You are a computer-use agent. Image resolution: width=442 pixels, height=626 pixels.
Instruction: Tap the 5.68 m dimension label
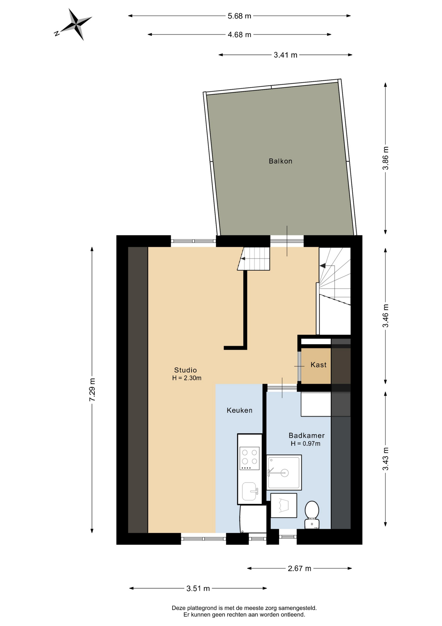pyautogui.click(x=239, y=16)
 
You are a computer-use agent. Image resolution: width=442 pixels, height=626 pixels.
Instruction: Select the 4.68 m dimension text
pyautogui.click(x=239, y=35)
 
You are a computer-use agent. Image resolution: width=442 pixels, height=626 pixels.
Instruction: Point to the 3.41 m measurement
pyautogui.click(x=285, y=55)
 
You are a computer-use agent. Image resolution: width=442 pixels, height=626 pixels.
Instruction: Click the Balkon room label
pyautogui.click(x=281, y=161)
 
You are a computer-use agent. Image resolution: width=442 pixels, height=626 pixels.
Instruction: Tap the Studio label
pyautogui.click(x=186, y=370)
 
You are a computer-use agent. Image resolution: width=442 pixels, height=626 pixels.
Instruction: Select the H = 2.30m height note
pyautogui.click(x=187, y=378)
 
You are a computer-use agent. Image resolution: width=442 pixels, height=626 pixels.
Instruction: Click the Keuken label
pyautogui.click(x=240, y=410)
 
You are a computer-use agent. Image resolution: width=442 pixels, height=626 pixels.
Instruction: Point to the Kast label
pyautogui.click(x=318, y=365)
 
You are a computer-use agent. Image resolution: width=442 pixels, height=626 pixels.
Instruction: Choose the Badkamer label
pyautogui.click(x=307, y=436)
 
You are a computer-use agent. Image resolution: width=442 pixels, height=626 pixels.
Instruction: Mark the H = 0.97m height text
pyautogui.click(x=306, y=444)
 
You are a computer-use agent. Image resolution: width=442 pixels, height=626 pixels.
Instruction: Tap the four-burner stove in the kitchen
pyautogui.click(x=250, y=458)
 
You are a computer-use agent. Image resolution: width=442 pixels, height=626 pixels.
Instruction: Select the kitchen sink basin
pyautogui.click(x=250, y=491)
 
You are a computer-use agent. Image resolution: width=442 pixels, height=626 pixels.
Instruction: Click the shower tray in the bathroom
pyautogui.click(x=284, y=472)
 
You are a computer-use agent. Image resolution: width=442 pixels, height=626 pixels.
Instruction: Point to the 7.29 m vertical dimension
pyautogui.click(x=92, y=390)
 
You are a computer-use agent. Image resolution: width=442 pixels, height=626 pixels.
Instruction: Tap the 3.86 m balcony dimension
pyautogui.click(x=386, y=158)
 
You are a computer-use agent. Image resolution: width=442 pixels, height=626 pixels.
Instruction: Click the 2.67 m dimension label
pyautogui.click(x=299, y=569)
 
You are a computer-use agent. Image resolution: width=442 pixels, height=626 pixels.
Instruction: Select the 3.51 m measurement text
pyautogui.click(x=198, y=589)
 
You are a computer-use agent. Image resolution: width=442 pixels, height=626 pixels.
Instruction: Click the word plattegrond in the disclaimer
pyautogui.click(x=202, y=608)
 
